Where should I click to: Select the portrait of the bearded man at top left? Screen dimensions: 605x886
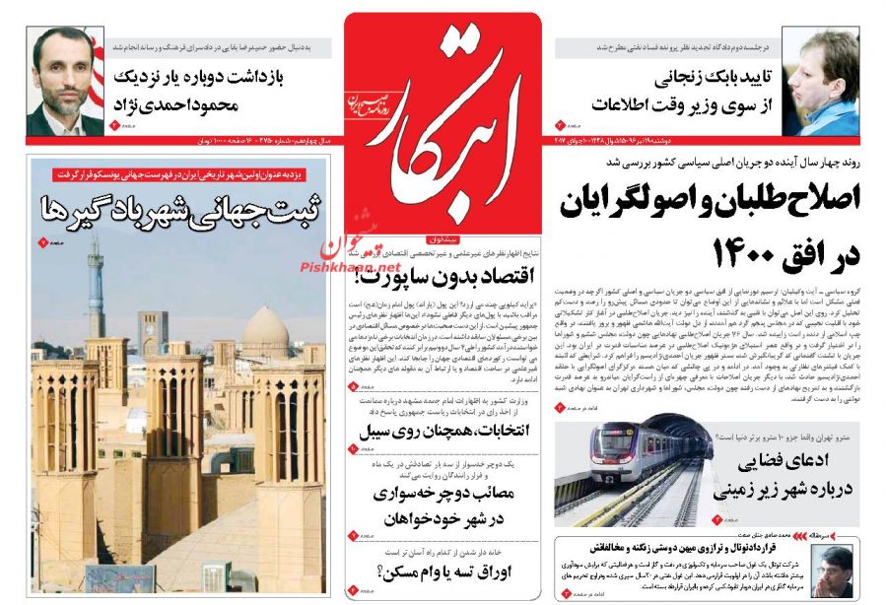pos(66,81)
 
